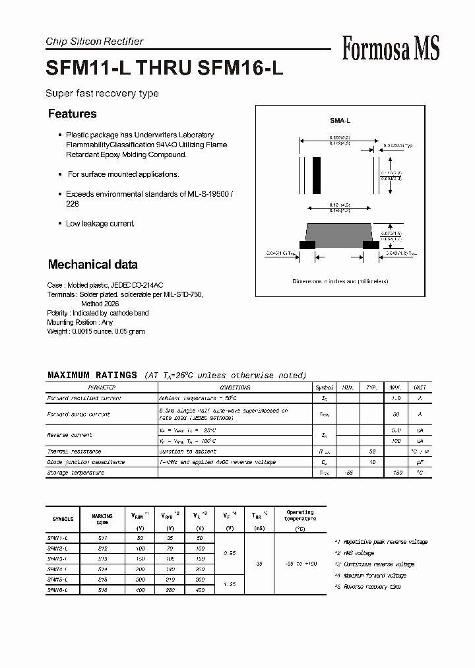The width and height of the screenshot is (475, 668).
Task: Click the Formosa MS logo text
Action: coord(390,48)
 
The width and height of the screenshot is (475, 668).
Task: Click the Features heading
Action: coord(72,114)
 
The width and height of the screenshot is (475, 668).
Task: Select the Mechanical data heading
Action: coord(92,265)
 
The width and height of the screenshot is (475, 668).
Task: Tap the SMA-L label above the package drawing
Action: coord(340,121)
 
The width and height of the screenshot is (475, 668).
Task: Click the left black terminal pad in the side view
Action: coord(307,244)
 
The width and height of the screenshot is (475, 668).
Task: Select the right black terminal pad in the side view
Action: coord(371,244)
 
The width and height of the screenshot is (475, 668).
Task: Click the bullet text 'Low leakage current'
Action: coord(100,224)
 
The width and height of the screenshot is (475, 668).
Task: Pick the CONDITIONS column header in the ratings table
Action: coord(235,387)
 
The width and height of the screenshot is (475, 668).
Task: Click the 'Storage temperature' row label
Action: coord(75,473)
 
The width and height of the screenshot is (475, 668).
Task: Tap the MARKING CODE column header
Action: coord(102,519)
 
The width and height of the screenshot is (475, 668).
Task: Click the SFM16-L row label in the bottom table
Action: coord(58,589)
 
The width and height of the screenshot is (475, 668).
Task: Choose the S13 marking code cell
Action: coord(102,558)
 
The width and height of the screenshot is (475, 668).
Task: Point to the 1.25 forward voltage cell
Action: coord(230,584)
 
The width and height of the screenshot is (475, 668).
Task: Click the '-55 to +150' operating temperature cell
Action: coord(300,564)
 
